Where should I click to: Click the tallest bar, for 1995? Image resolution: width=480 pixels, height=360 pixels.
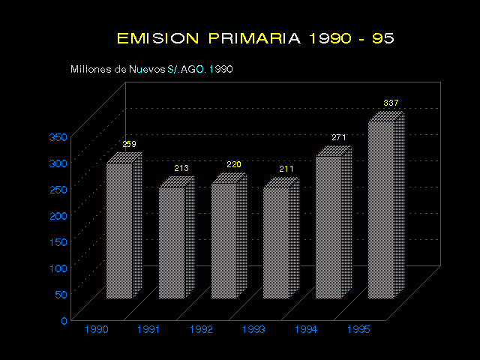(381, 209)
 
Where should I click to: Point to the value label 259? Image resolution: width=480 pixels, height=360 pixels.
(130, 144)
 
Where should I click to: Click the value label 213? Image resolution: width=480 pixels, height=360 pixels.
(181, 168)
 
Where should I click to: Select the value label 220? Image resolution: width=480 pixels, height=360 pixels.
(234, 164)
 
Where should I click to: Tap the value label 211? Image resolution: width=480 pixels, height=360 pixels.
(286, 169)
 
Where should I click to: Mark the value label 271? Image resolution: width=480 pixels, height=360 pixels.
(339, 137)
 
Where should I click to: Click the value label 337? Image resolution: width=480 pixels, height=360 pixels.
(391, 102)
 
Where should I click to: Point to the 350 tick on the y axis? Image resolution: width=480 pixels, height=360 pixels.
(58, 136)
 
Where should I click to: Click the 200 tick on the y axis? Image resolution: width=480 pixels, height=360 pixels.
(58, 215)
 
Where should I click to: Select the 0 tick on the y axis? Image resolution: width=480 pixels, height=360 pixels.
(64, 320)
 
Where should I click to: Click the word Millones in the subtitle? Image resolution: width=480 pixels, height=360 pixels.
(88, 70)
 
